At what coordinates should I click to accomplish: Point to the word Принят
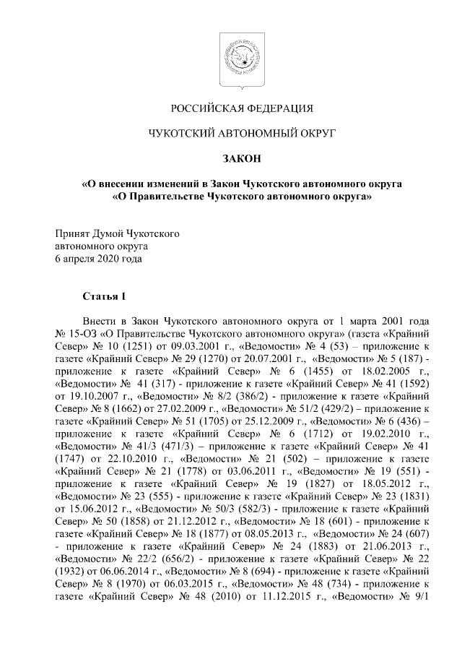[x=73, y=234]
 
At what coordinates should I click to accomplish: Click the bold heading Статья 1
[x=104, y=296]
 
